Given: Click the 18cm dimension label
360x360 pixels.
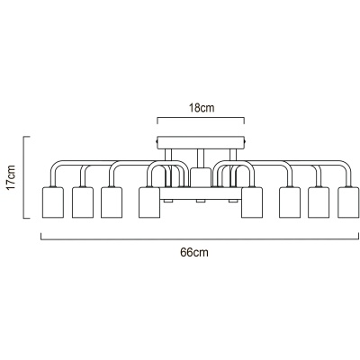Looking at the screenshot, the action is pyautogui.click(x=202, y=108).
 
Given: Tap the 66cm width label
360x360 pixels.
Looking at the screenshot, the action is pyautogui.click(x=194, y=253).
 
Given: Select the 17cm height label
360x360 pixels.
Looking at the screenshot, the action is pyautogui.click(x=11, y=177).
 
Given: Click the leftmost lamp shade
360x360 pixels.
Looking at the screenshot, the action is pyautogui.click(x=53, y=202).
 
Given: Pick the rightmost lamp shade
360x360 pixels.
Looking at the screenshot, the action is pyautogui.click(x=348, y=202).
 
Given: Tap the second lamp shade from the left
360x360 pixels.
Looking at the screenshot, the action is pyautogui.click(x=83, y=202).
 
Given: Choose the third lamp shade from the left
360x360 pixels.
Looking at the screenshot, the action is pyautogui.click(x=112, y=202).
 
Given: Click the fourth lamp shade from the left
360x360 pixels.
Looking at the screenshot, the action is pyautogui.click(x=149, y=202).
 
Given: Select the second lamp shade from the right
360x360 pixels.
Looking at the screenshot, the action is pyautogui.click(x=319, y=202).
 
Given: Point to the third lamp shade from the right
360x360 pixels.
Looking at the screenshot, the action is pyautogui.click(x=290, y=202).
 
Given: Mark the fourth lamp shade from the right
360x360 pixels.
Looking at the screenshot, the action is pyautogui.click(x=252, y=202).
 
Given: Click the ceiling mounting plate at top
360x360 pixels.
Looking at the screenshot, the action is pyautogui.click(x=201, y=143).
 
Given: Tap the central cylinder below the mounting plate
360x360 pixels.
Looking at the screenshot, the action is pyautogui.click(x=201, y=177).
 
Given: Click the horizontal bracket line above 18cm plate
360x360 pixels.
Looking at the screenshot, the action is pyautogui.click(x=201, y=118).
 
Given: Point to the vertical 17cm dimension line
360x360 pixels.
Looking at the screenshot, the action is pyautogui.click(x=23, y=177).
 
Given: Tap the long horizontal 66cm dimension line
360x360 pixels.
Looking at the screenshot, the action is pyautogui.click(x=200, y=239).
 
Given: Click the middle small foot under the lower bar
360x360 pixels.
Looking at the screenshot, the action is pyautogui.click(x=201, y=201).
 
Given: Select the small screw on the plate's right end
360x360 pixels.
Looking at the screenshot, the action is pyautogui.click(x=246, y=140).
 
